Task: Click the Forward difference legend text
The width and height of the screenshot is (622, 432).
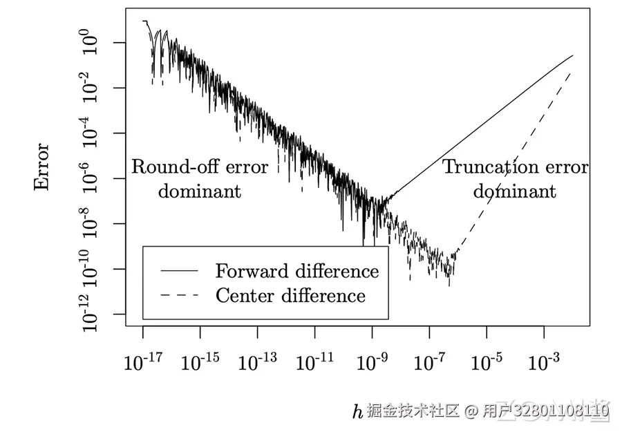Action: coord(297,270)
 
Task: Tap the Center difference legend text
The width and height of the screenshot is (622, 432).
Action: coord(290,296)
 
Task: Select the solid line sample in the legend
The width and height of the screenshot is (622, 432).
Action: coord(179,270)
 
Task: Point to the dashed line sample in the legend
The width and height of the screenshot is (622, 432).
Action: coord(179,296)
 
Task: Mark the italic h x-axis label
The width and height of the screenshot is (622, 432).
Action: coord(357,413)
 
